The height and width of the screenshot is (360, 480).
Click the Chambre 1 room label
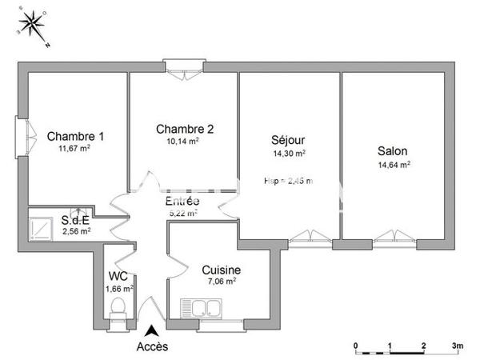click(74, 135)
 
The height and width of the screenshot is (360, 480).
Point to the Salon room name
click(393, 151)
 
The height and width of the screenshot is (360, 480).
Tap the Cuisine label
click(221, 270)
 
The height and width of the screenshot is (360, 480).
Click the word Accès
click(152, 346)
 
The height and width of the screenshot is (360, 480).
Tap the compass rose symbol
click(32, 26)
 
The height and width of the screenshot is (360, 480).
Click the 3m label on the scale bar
click(457, 346)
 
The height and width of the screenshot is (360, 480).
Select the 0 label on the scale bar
click(355, 346)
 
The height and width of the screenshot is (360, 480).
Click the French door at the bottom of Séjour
click(307, 237)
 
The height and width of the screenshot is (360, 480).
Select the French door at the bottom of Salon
click(392, 237)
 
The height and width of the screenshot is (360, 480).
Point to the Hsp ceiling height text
click(288, 181)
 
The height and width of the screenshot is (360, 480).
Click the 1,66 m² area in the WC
click(120, 288)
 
